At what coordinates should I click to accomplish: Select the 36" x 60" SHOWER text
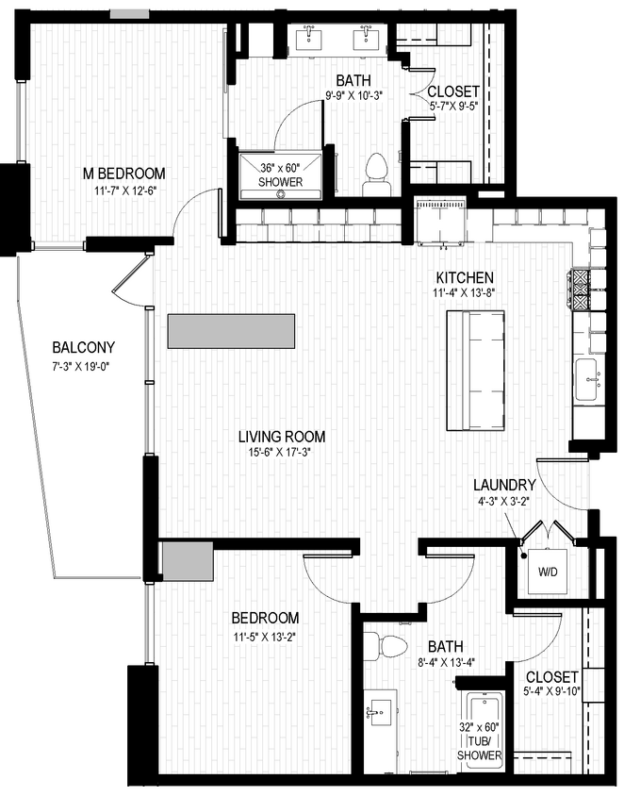tap(281, 175)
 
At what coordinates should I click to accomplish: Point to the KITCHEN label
tap(465, 277)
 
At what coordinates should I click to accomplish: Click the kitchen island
tap(475, 370)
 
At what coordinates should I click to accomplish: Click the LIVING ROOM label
tap(281, 437)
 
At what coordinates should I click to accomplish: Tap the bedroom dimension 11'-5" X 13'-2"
tap(266, 636)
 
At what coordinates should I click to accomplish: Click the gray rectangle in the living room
tap(231, 331)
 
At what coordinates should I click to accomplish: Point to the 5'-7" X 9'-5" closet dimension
tap(453, 108)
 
